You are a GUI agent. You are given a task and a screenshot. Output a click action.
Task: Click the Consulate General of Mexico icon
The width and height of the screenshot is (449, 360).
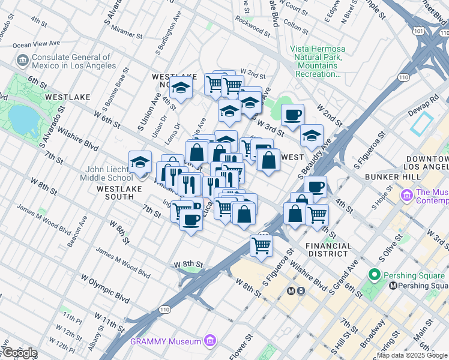[23, 61]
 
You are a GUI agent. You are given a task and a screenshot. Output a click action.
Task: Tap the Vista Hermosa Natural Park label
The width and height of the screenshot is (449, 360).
[316, 61]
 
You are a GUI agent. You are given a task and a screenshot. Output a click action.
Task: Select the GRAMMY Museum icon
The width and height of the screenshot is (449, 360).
[209, 341]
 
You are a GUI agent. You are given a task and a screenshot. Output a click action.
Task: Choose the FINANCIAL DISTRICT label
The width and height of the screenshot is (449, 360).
[328, 250]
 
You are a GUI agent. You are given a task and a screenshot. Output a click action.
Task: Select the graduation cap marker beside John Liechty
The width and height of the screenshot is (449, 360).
[140, 163]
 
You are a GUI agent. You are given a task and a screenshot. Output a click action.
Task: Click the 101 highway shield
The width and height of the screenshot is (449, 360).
[419, 30]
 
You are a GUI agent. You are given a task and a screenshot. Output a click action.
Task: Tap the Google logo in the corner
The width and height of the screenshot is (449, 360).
[20, 353]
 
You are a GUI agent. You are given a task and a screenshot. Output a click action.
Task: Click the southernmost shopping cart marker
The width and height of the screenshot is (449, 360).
[261, 245]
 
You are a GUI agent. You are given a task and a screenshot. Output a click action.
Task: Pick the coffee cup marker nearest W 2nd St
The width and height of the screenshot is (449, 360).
[292, 115]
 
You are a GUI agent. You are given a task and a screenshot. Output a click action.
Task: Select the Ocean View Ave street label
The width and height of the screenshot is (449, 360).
[37, 44]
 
